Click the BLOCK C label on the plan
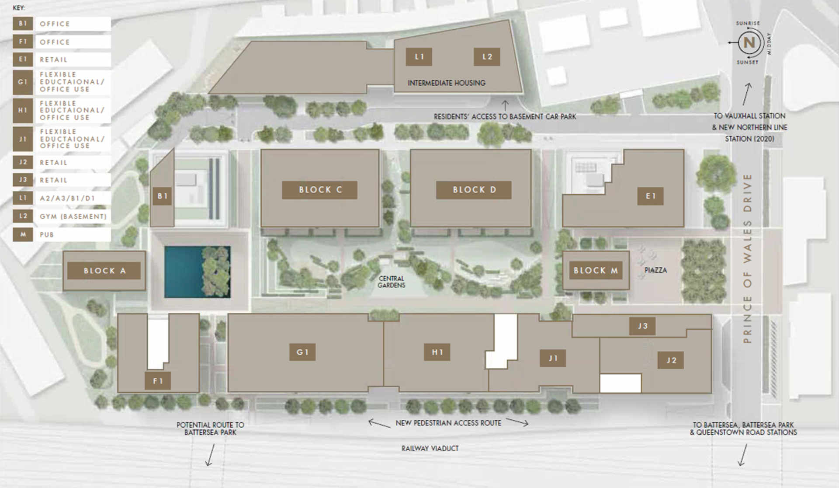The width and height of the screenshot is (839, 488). click(319, 190)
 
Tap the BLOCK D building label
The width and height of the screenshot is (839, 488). click(474, 190)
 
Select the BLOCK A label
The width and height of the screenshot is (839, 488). click(104, 271)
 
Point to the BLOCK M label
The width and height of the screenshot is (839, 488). click(595, 271)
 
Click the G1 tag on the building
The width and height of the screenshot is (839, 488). click(302, 352)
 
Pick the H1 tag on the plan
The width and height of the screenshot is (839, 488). click(437, 352)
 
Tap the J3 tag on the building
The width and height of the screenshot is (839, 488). click(642, 326)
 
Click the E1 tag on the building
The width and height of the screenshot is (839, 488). click(651, 196)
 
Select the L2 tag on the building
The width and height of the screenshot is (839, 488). click(487, 56)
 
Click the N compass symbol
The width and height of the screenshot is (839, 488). click(749, 42)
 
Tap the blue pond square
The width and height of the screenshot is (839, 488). click(184, 272)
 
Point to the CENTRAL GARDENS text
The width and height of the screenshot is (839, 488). click(391, 282)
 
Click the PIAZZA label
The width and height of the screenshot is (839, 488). click(655, 270)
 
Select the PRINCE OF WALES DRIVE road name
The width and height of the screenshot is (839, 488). click(748, 258)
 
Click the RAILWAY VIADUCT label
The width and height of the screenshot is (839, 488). click(430, 448)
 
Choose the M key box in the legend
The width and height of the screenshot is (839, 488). click(23, 234)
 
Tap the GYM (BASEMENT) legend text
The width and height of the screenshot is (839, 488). click(73, 216)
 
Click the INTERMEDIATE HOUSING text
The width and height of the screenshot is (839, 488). click(446, 83)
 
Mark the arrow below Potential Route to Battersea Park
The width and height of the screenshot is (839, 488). click(210, 455)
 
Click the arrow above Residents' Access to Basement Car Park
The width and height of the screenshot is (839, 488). click(505, 105)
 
